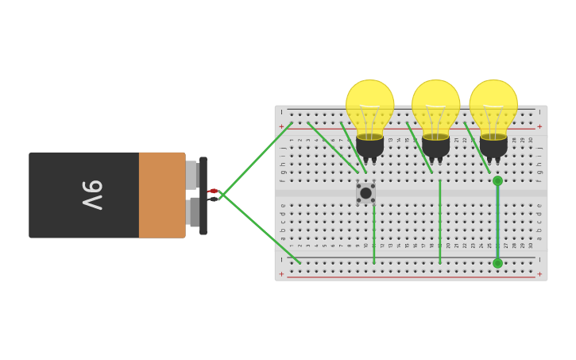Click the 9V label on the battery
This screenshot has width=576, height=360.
coord(92,195)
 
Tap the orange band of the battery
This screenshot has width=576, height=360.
coord(162,195)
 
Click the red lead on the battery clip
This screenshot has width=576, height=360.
coord(212,191)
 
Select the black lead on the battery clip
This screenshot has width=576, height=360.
coord(212,199)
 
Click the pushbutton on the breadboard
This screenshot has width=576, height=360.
coord(365,193)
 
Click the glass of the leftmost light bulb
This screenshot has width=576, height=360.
coord(369,106)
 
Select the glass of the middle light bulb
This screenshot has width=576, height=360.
coord(435,106)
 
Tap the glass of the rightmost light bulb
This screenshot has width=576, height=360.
coord(493,106)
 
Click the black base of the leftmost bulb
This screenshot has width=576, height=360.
coord(369,146)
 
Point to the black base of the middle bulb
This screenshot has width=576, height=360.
coord(435,146)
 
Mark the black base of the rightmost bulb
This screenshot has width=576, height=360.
coord(493,146)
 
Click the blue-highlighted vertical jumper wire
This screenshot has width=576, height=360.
coord(497,223)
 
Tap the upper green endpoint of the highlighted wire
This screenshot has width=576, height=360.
coord(497,180)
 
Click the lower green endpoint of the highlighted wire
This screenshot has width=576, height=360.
coord(497,263)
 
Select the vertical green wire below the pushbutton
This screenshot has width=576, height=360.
coord(374,234)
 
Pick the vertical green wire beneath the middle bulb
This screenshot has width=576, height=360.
coord(439,223)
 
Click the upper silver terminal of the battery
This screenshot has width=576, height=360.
coord(191,175)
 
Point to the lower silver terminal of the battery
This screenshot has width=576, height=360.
coord(194,212)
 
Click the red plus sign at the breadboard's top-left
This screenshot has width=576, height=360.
coord(280,126)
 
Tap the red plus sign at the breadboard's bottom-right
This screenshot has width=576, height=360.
coord(539,274)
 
